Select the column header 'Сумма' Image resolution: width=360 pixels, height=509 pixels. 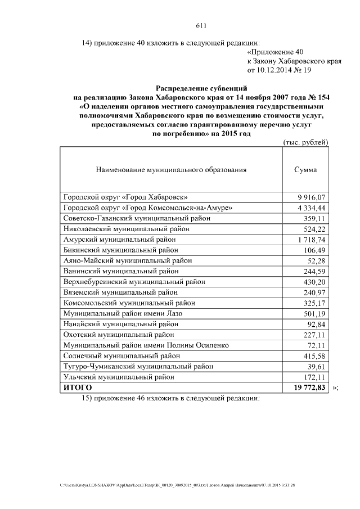pyautogui.click(x=305, y=169)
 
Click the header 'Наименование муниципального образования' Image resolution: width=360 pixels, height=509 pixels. pyautogui.click(x=172, y=169)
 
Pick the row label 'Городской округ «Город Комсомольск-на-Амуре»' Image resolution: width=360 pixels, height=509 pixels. pyautogui.click(x=148, y=208)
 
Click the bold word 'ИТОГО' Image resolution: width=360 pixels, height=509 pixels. pyautogui.click(x=77, y=388)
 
